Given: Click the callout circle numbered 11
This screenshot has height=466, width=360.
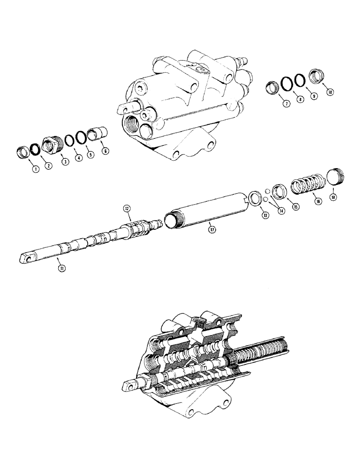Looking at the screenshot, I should coord(61,267).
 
